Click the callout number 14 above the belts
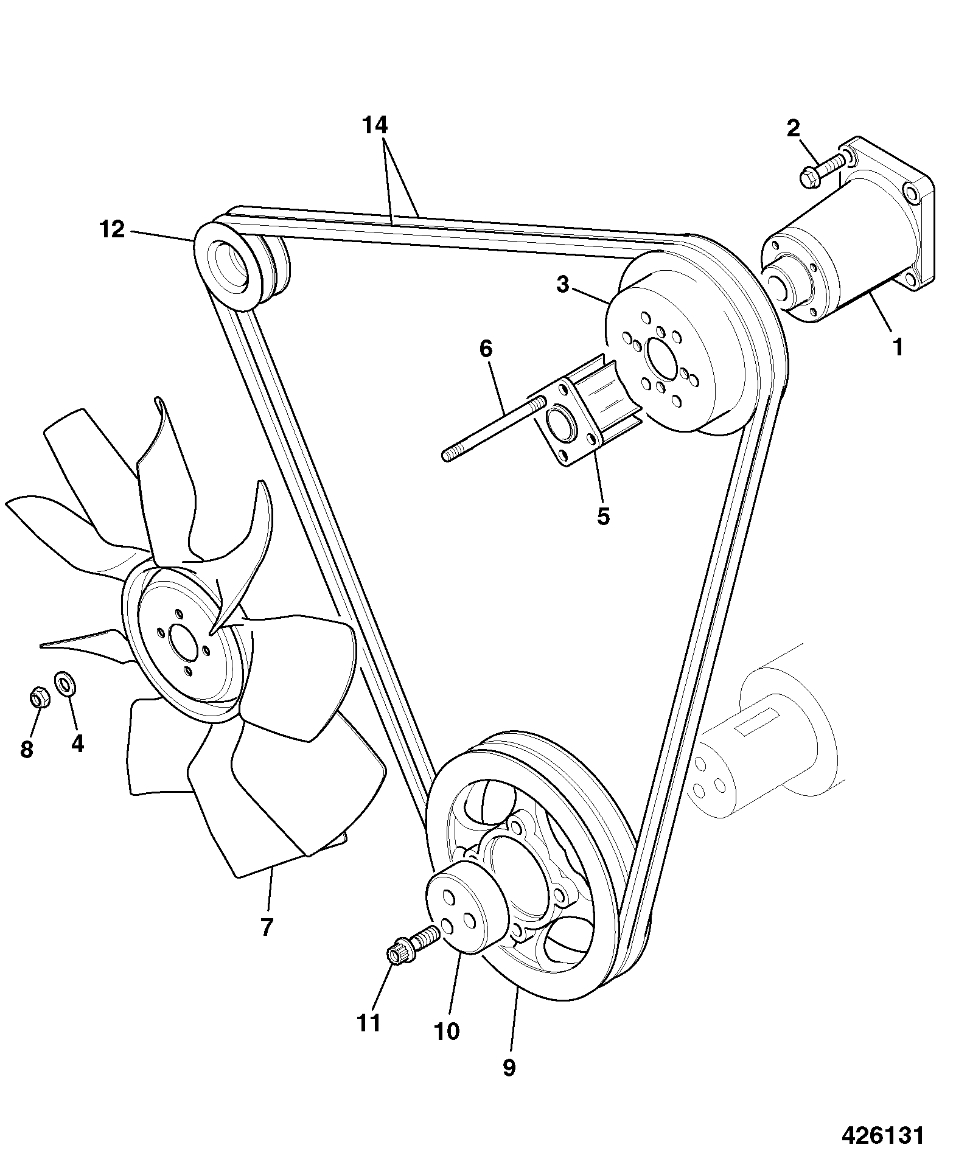pyautogui.click(x=374, y=126)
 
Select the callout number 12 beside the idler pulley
pyautogui.click(x=112, y=230)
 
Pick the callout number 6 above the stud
pyautogui.click(x=486, y=349)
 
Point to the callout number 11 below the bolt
pyautogui.click(x=369, y=1023)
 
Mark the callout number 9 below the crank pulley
pyautogui.click(x=509, y=1067)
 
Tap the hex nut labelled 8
pyautogui.click(x=40, y=697)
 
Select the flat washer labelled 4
pyautogui.click(x=64, y=683)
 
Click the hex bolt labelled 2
pyautogui.click(x=822, y=169)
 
